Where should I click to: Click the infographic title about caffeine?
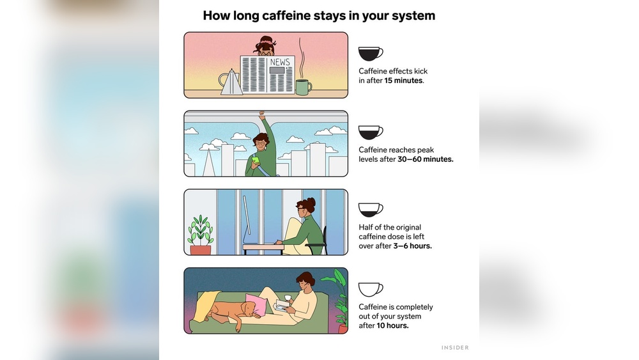(319, 15)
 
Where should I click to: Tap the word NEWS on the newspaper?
(279, 62)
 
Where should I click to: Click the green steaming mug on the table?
(303, 87)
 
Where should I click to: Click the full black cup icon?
(370, 53)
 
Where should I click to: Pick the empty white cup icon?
(370, 289)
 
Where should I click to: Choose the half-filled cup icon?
(370, 210)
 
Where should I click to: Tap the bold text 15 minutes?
(404, 81)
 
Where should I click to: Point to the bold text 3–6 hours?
(412, 246)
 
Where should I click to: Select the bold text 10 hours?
(392, 325)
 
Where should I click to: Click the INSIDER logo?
(455, 348)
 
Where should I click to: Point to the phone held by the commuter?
(255, 160)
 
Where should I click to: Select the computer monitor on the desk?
(245, 220)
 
